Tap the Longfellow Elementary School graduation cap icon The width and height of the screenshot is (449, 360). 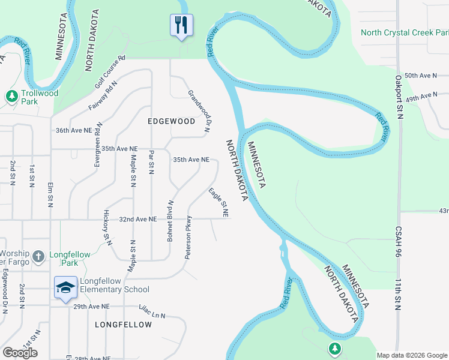tap(65, 287)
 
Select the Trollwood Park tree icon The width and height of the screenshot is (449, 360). tap(11, 96)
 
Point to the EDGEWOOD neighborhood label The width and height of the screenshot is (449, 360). tap(172, 121)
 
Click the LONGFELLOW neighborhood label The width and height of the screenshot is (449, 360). tap(123, 325)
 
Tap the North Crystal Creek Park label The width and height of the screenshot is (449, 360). tap(405, 32)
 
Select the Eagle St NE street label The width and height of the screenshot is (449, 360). tap(218, 203)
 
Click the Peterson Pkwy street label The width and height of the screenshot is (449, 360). tap(188, 237)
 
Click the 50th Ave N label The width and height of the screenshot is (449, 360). tap(421, 76)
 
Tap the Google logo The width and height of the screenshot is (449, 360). tap(20, 353)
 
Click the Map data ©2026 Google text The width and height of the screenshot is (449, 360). tap(411, 355)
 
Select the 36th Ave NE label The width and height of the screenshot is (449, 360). tap(74, 130)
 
